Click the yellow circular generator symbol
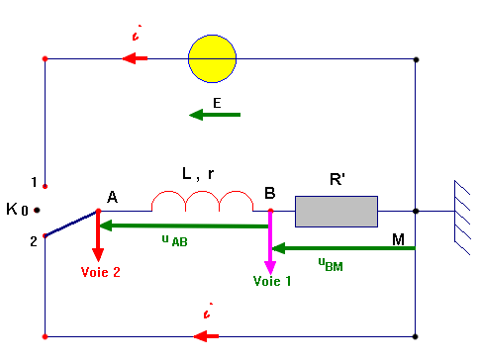[x=213, y=57]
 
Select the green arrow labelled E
[x=215, y=115]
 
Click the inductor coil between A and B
[x=203, y=202]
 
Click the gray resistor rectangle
[x=337, y=211]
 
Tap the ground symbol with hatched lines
[x=462, y=211]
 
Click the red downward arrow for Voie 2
[x=98, y=233]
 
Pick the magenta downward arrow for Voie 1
[x=270, y=243]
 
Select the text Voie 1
[x=272, y=281]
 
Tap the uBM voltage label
[x=331, y=262]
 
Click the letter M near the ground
[x=398, y=239]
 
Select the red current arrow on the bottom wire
[x=207, y=336]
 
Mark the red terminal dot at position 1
[x=45, y=185]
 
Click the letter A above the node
[x=112, y=198]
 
